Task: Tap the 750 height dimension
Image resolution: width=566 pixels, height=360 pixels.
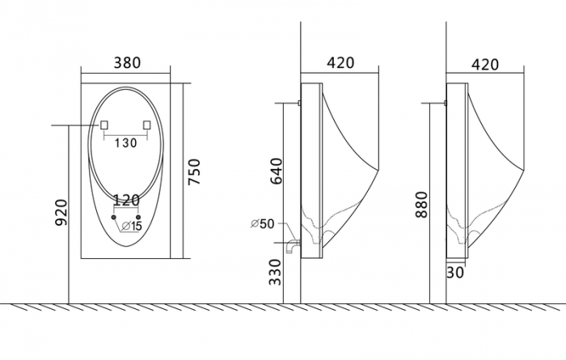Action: pyautogui.click(x=194, y=172)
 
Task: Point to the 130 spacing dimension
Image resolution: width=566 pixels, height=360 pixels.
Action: pyautogui.click(x=125, y=144)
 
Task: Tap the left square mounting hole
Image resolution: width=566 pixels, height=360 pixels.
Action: pyautogui.click(x=104, y=125)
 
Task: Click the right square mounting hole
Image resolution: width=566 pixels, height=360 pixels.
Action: pyautogui.click(x=146, y=125)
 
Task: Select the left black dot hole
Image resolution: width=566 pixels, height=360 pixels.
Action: pyautogui.click(x=113, y=218)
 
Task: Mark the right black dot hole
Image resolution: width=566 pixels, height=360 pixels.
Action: pyautogui.click(x=138, y=218)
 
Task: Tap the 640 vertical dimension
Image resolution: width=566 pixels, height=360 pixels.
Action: pyautogui.click(x=277, y=171)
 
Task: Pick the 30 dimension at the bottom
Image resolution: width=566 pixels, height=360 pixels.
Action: pyautogui.click(x=454, y=273)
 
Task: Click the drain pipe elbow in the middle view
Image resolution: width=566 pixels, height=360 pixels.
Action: pyautogui.click(x=292, y=244)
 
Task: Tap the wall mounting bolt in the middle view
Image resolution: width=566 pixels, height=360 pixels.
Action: pyautogui.click(x=298, y=103)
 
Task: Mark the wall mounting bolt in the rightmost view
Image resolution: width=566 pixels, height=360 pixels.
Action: pyautogui.click(x=444, y=103)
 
